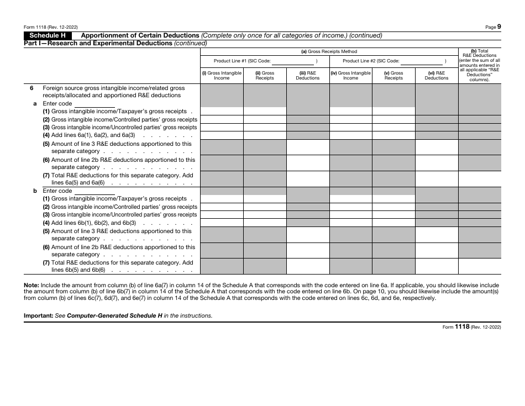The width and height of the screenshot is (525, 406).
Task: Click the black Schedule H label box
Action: (48, 35)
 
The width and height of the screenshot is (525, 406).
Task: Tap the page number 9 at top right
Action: (500, 26)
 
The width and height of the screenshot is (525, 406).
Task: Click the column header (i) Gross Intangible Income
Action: (222, 76)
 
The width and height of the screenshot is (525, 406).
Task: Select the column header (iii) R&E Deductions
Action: (307, 76)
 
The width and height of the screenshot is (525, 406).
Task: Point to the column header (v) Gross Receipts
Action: (393, 76)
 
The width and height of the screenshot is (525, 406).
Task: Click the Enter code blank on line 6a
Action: (94, 104)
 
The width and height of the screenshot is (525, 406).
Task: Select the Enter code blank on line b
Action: (94, 191)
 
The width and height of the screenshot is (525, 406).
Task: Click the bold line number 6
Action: (32, 88)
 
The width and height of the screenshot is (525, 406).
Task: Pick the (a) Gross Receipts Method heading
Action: (329, 51)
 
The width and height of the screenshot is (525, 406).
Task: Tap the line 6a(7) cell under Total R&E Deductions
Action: (479, 179)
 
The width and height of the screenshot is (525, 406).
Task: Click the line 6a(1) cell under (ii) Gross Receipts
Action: (265, 111)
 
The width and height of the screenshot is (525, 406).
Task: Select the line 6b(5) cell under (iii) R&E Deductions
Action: (307, 235)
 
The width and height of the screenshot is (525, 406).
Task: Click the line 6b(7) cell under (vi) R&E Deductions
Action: (437, 266)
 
